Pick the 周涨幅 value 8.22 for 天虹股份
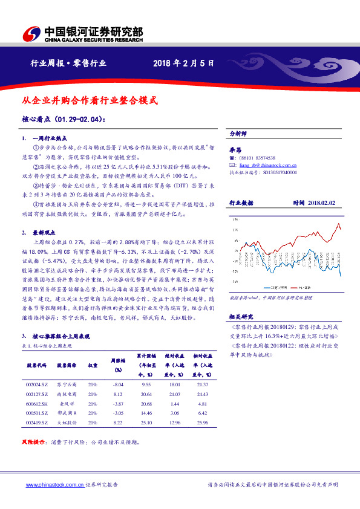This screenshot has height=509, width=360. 119,423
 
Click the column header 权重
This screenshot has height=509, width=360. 93,366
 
